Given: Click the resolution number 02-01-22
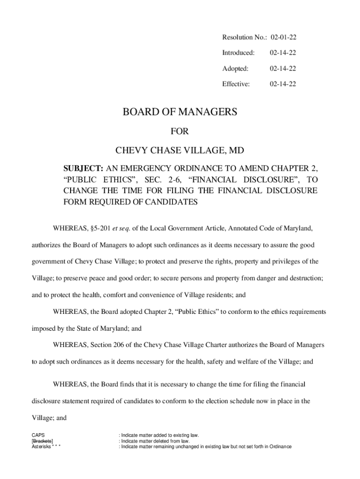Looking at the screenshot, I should [282, 36].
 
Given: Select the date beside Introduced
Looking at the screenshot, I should [282, 52].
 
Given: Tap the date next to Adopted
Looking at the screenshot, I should [282, 68].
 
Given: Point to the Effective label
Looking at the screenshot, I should [236, 84].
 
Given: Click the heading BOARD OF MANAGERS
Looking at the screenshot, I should [180, 112].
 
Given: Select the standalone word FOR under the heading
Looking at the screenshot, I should [180, 132].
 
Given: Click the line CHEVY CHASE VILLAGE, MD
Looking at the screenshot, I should [180, 151].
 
